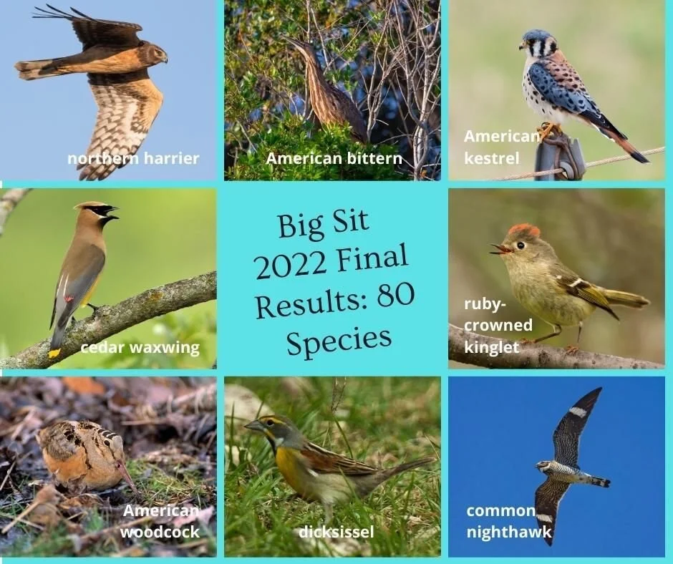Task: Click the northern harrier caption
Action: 133,158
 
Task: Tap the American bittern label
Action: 334,158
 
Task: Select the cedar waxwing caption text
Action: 140,349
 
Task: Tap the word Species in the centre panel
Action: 339,339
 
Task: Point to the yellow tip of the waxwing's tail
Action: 54,352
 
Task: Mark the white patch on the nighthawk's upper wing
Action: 577,412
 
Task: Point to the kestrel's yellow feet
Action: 549,130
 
